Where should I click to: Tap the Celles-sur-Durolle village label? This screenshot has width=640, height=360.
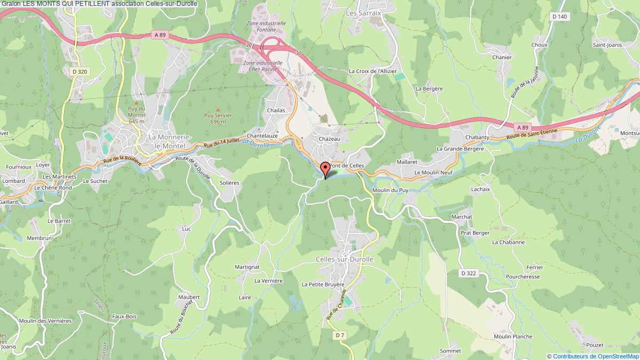click(345, 259)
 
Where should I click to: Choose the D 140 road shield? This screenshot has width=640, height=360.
click(559, 17)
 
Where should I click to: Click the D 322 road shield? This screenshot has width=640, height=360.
click(468, 273)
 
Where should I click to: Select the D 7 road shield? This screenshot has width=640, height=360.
click(340, 335)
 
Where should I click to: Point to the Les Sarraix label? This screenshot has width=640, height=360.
click(364, 12)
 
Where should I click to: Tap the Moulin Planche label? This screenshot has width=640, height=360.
click(498, 337)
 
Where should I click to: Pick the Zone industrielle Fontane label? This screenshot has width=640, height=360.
click(266, 27)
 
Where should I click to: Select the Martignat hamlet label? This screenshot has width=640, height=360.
click(247, 267)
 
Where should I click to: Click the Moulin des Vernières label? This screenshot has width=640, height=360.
click(45, 321)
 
